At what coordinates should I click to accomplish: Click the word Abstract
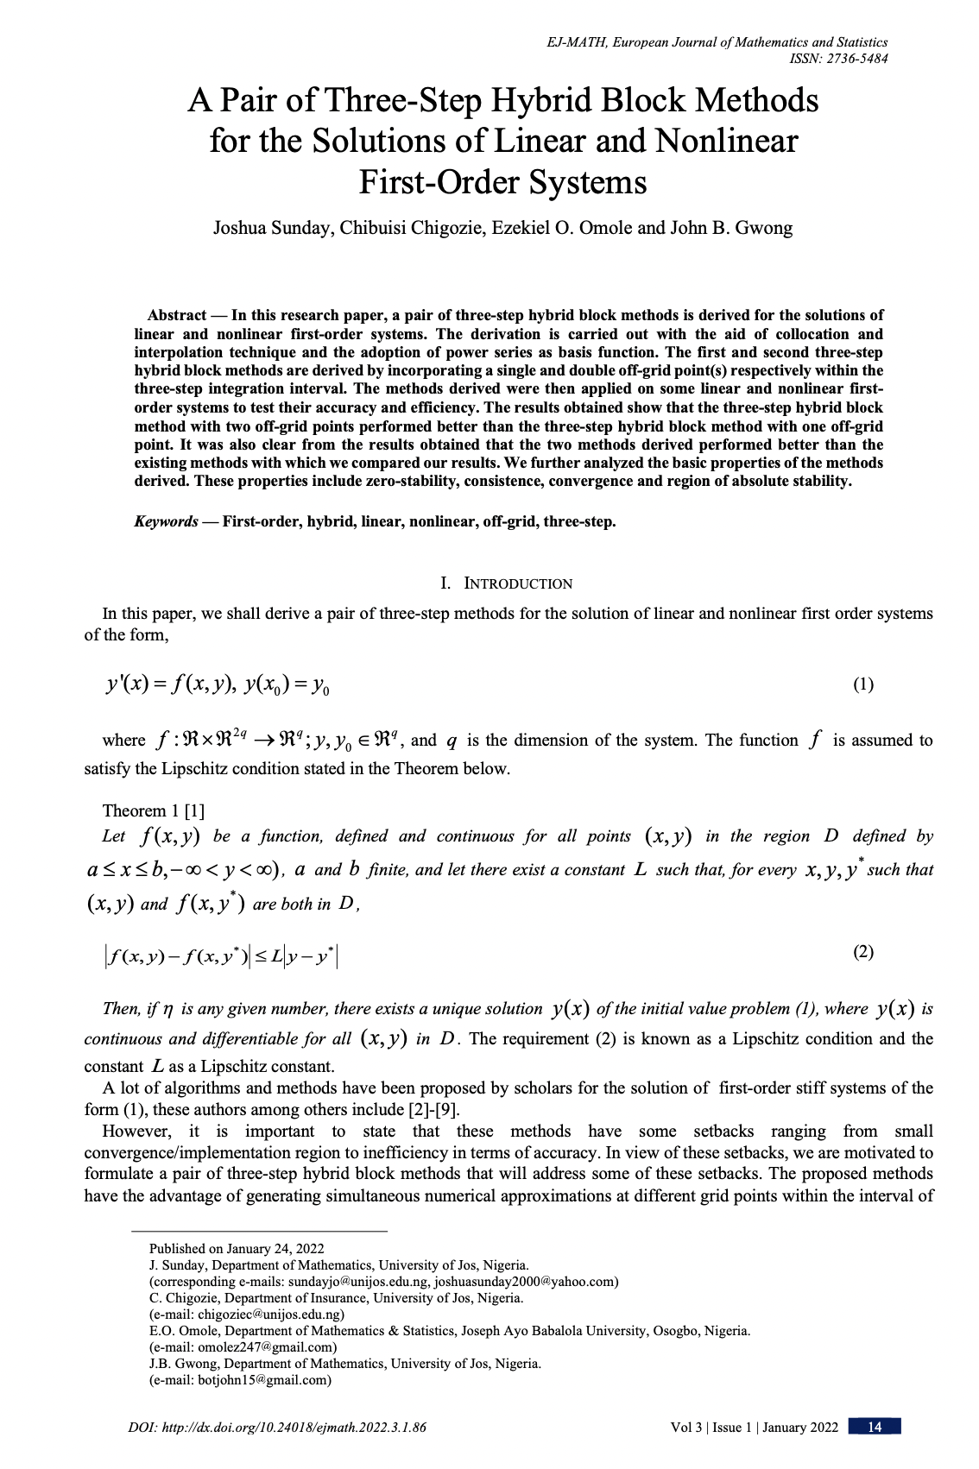tap(177, 315)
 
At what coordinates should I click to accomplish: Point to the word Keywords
tap(166, 521)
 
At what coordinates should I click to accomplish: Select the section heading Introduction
tap(517, 583)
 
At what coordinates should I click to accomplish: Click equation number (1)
tap(863, 684)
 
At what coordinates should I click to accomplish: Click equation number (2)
tap(863, 952)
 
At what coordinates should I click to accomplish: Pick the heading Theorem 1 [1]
tap(154, 810)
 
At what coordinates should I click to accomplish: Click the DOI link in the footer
tap(276, 1427)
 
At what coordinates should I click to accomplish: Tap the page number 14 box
tap(875, 1427)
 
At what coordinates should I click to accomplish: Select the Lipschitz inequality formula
tap(221, 955)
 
